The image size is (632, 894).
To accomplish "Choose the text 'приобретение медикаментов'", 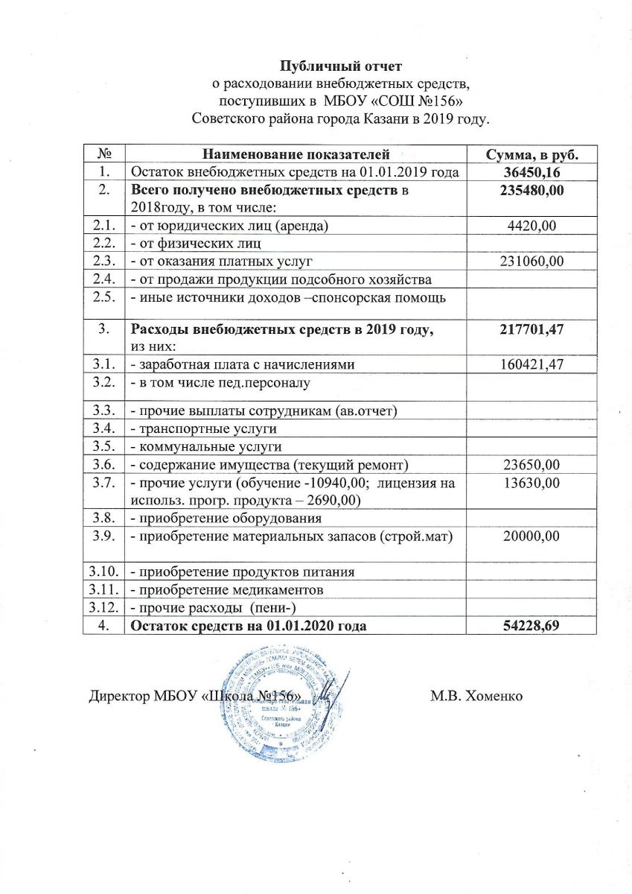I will click(x=228, y=589).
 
